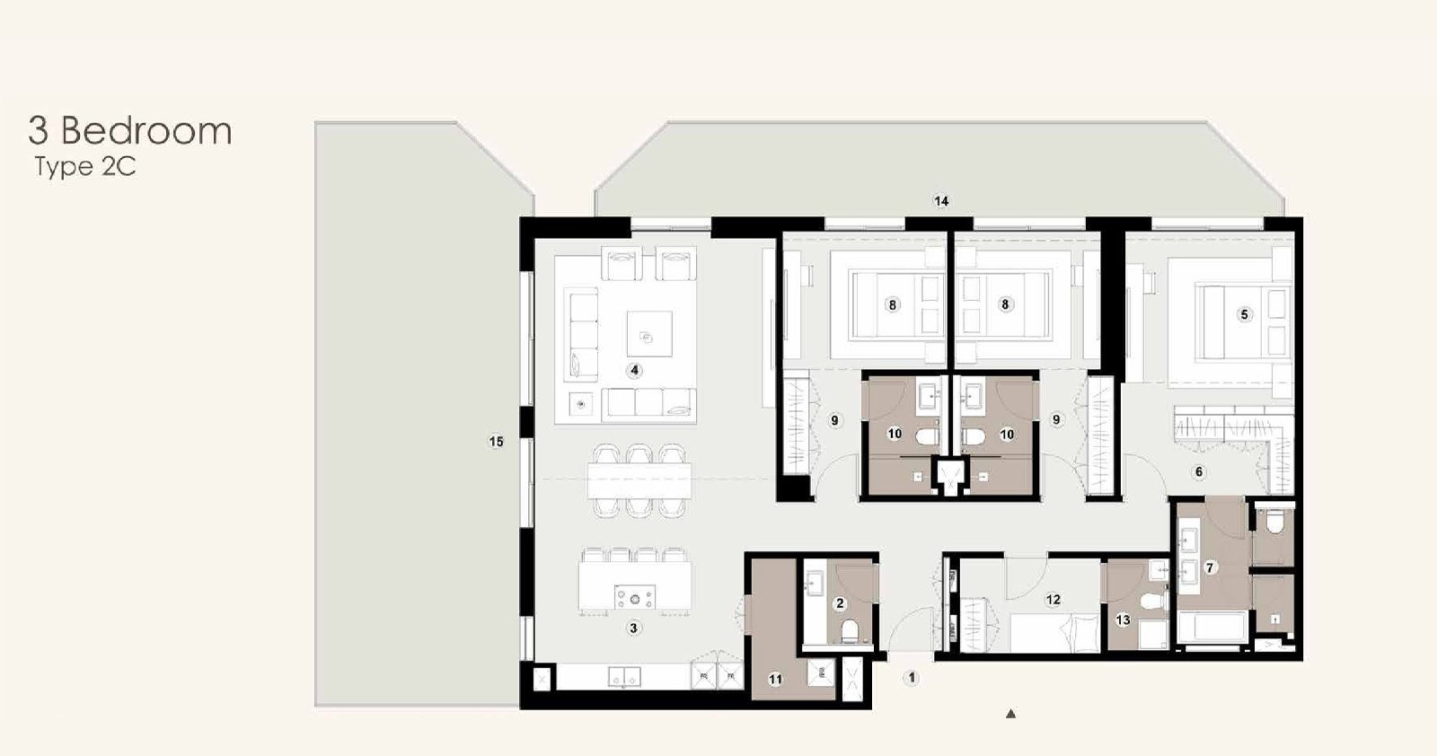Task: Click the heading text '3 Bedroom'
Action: [x=129, y=131]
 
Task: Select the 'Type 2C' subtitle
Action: [x=84, y=167]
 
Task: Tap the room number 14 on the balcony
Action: [x=941, y=201]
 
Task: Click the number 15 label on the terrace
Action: [x=496, y=442]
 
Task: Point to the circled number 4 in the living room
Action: [x=634, y=371]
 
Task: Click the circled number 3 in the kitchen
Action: [x=633, y=629]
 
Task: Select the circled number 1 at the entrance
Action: [x=911, y=678]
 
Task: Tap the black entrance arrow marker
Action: [x=1011, y=714]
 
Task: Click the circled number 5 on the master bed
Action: [x=1245, y=314]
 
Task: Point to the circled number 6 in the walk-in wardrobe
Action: [x=1198, y=472]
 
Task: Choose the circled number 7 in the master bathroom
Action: [x=1210, y=568]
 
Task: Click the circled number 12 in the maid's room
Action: [x=1053, y=600]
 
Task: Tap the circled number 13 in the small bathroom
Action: [x=1123, y=620]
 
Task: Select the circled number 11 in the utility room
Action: [x=775, y=680]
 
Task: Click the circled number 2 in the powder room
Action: [x=840, y=603]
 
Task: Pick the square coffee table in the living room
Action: [x=650, y=333]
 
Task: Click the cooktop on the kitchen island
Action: [x=635, y=597]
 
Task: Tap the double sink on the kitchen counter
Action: [x=175, y=676]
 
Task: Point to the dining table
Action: [x=639, y=481]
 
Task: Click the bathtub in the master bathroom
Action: [x=1212, y=627]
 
